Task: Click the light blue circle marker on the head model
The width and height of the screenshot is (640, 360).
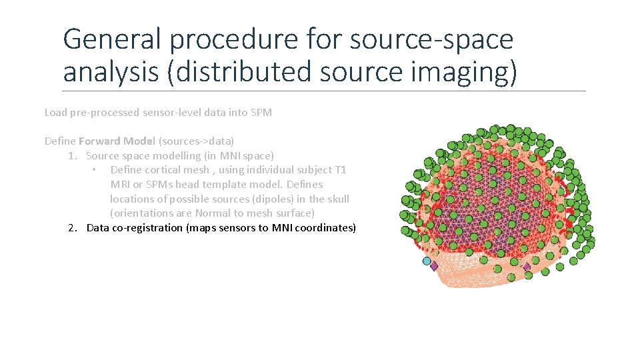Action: (427, 261)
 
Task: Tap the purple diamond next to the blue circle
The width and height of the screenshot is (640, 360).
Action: (434, 266)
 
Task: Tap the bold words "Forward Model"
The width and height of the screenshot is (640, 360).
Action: (117, 141)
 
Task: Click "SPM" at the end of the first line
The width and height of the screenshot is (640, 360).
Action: (261, 113)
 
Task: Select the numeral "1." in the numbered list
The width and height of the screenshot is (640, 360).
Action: (74, 156)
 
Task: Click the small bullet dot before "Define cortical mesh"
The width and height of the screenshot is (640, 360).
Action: (95, 170)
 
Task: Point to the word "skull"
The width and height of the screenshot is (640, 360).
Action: (338, 199)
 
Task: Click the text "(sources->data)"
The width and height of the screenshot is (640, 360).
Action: (196, 141)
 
